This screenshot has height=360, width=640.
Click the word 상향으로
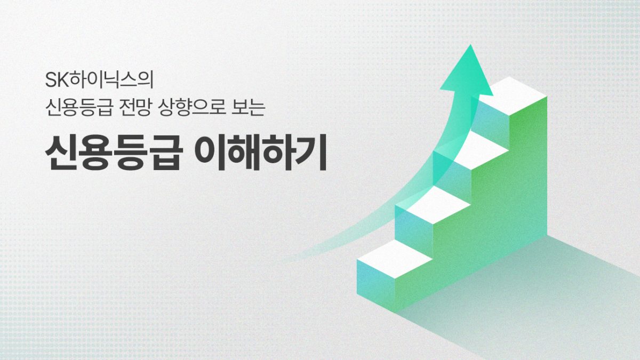click(x=191, y=107)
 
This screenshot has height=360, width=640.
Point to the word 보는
click(x=249, y=107)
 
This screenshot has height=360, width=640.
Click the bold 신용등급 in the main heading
click(x=114, y=153)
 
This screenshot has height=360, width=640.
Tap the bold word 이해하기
click(x=261, y=153)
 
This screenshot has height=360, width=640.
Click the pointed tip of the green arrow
click(x=470, y=45)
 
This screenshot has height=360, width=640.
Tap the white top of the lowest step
click(x=395, y=259)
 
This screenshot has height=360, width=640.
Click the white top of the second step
click(x=433, y=205)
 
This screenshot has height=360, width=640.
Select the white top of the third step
click(x=471, y=150)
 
